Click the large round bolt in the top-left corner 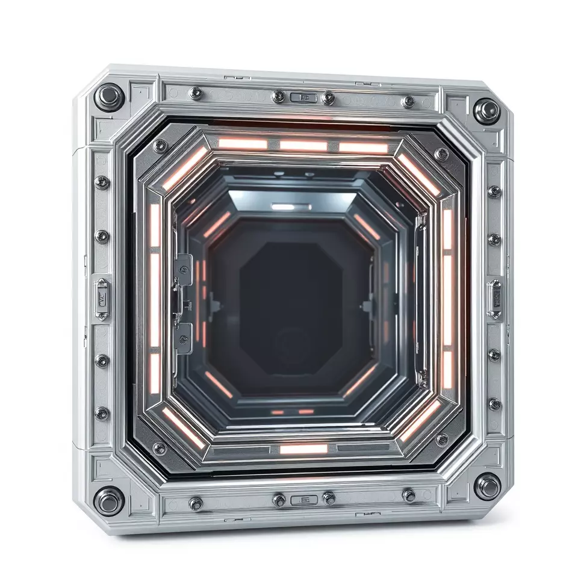110,96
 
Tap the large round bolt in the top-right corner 486,111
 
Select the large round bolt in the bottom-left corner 109,500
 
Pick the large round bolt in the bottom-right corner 486,485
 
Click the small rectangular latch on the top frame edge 303,98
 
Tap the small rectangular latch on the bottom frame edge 303,499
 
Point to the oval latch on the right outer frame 495,297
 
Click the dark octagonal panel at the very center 291,297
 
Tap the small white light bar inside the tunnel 282,207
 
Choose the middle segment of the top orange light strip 303,146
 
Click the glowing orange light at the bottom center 303,449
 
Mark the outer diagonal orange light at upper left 184,169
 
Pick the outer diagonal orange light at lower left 184,427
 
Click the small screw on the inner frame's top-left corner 160,145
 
